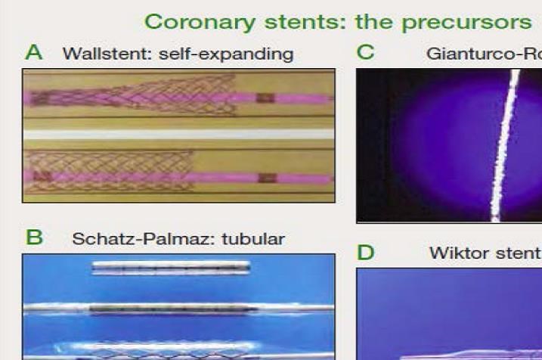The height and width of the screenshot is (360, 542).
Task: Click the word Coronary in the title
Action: click(200, 22)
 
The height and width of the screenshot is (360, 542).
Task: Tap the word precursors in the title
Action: click(466, 23)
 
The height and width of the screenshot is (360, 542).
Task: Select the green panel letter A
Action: click(34, 52)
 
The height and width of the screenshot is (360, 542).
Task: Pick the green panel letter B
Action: click(34, 237)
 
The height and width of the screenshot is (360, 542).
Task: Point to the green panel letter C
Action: click(365, 52)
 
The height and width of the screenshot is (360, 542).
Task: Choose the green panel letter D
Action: click(365, 253)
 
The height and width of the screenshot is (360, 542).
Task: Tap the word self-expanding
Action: click(226, 54)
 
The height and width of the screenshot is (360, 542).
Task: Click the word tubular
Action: click(253, 239)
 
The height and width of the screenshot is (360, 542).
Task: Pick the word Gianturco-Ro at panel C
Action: click(484, 54)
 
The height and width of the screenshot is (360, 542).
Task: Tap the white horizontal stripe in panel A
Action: click(178, 134)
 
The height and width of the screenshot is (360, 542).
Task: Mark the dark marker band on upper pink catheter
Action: click(265, 98)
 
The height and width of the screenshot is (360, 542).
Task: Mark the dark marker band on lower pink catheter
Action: click(268, 178)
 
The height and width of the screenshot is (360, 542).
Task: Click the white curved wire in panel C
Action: click(504, 145)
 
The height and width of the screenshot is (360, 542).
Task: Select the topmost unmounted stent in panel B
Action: click(171, 268)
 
